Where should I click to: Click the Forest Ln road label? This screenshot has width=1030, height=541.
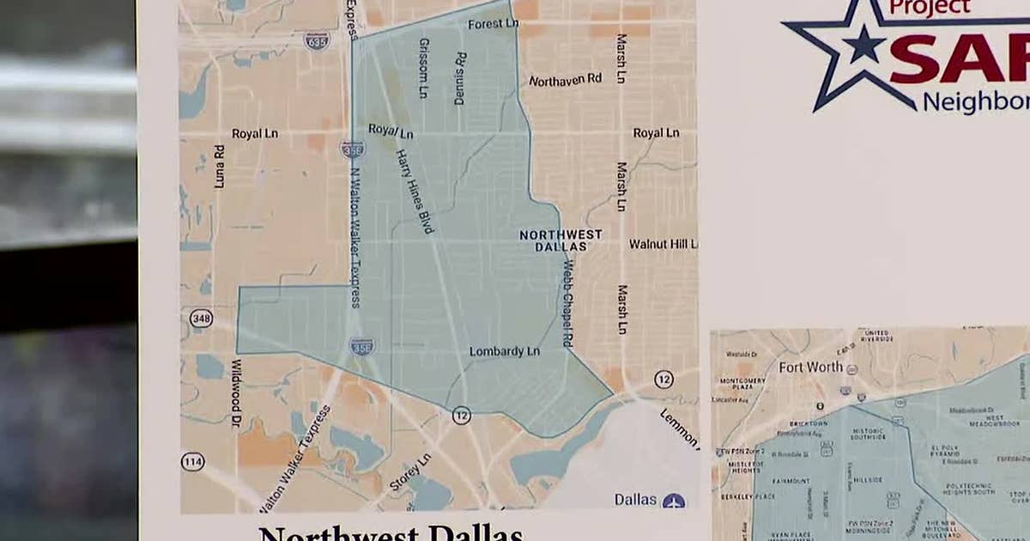(x=494, y=24)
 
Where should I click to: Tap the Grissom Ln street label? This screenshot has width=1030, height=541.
(x=423, y=68)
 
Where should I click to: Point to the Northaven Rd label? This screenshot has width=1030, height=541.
(x=565, y=80)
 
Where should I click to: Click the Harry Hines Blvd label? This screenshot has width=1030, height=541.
(x=415, y=191)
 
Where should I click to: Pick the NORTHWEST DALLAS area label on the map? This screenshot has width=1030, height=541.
(x=560, y=240)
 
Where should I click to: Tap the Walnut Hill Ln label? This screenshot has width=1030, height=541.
(x=663, y=244)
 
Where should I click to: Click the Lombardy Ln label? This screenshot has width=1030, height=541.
(x=504, y=351)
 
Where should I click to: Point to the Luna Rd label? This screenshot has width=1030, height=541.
(x=219, y=167)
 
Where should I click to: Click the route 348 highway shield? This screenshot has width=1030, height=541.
(x=201, y=319)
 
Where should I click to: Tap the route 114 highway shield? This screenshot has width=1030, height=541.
(x=193, y=462)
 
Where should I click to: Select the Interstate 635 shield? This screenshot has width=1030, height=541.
(x=317, y=40)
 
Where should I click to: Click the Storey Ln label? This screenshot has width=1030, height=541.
(x=409, y=472)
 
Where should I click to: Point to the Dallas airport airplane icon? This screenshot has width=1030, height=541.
(x=674, y=500)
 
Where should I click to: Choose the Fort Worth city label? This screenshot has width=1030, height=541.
(x=810, y=367)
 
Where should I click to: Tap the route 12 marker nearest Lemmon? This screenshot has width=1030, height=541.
(x=663, y=379)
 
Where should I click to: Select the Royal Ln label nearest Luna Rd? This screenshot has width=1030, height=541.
(x=253, y=134)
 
